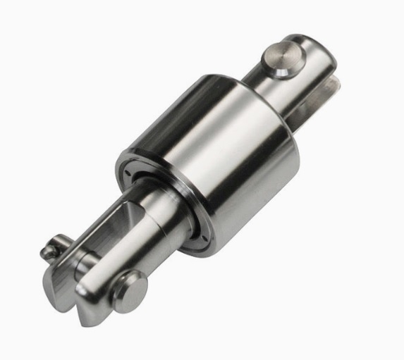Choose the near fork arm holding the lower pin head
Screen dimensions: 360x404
coord(106,282)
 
